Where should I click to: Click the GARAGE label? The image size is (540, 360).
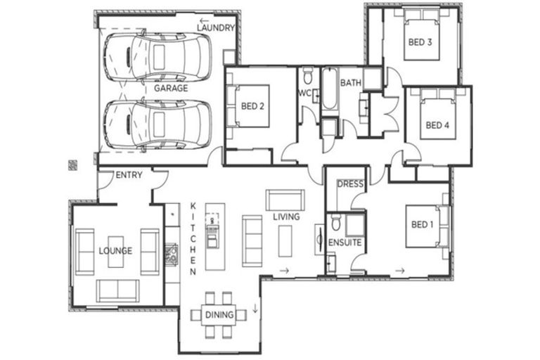[x=171, y=89]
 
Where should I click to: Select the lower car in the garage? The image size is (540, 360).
[x=157, y=124]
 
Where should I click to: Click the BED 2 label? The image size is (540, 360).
[x=252, y=107]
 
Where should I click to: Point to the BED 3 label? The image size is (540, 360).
[x=420, y=42]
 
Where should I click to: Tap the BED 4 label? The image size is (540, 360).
[x=437, y=126]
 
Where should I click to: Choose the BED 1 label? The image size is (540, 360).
[x=423, y=224]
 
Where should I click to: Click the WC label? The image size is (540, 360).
[x=304, y=94]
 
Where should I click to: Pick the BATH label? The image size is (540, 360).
[x=351, y=83]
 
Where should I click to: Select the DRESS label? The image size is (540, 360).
[x=349, y=184]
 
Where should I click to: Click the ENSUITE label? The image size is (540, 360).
[x=345, y=243]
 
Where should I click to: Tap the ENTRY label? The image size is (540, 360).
[x=129, y=175]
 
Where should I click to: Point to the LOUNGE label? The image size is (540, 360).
[x=115, y=250]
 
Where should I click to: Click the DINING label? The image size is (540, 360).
[x=219, y=315]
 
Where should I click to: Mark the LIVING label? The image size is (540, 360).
[x=286, y=217]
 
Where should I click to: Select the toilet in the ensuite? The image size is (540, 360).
[x=337, y=223]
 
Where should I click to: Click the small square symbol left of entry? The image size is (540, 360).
[x=72, y=165]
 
